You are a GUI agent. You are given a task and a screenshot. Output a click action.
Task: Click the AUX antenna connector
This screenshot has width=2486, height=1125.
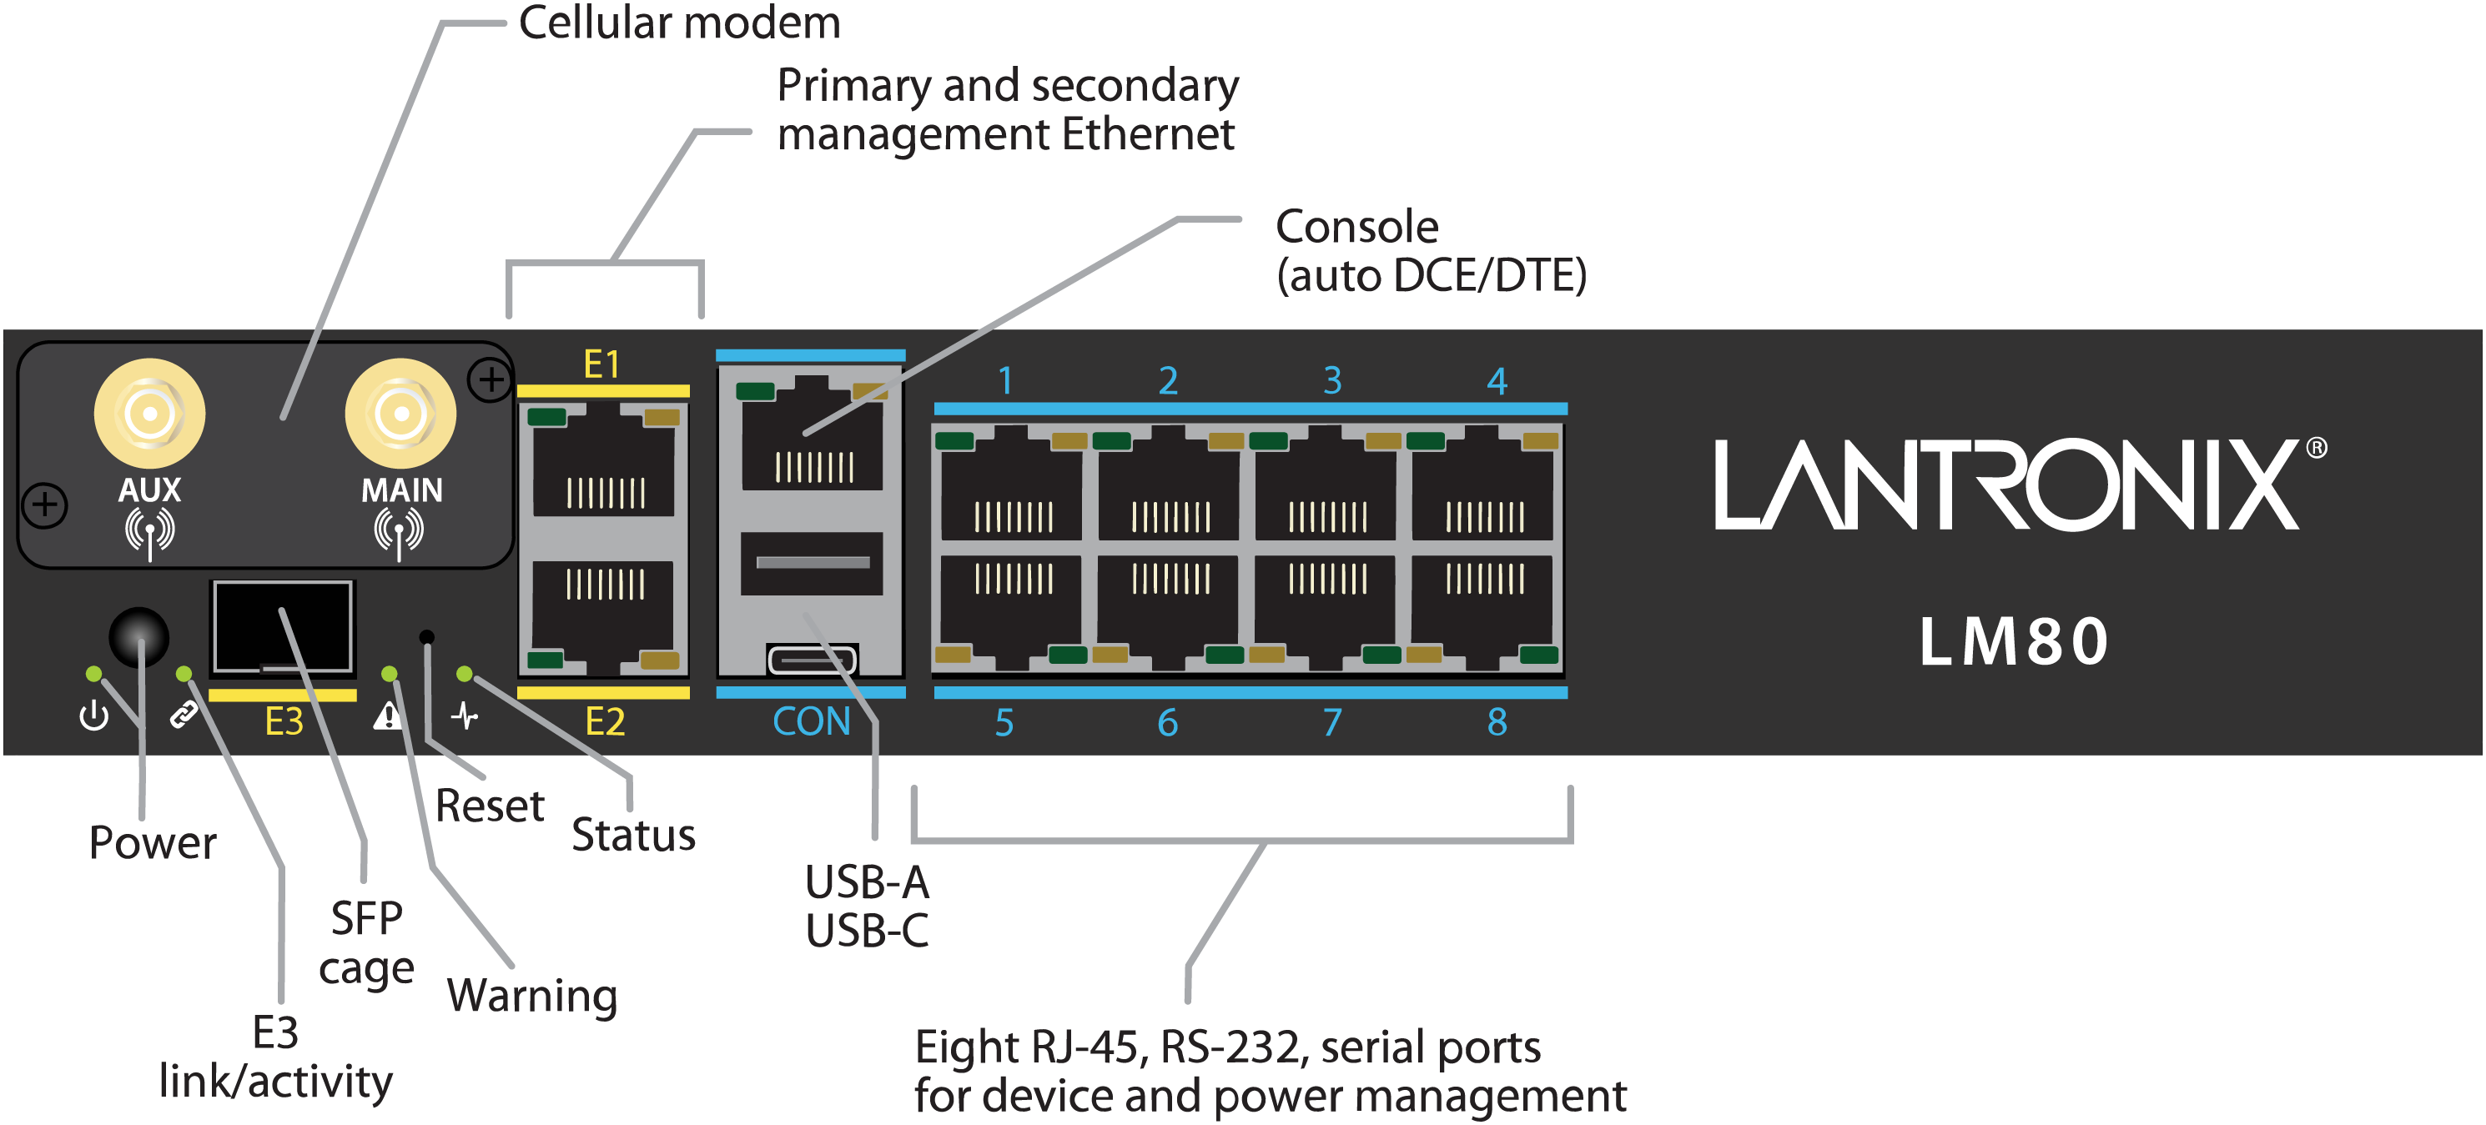click(149, 414)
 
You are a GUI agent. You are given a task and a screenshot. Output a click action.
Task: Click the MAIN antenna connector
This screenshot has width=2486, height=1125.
click(400, 414)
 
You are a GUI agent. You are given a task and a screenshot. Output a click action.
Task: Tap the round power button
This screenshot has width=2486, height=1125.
click(139, 637)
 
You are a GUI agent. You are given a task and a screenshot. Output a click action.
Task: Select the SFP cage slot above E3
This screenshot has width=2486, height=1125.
click(283, 627)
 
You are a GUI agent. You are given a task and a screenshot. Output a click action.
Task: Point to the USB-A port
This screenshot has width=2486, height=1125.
click(811, 564)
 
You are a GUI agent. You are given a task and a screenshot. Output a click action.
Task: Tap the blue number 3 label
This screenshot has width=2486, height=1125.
click(1331, 381)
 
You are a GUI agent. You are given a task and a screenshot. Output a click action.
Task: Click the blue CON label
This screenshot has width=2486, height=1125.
click(811, 721)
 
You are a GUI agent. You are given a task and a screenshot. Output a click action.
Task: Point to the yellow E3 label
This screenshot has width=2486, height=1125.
click(284, 721)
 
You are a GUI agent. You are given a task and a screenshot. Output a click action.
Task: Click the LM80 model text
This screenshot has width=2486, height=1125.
click(2013, 641)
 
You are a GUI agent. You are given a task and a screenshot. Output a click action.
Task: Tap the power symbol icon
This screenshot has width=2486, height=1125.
click(93, 716)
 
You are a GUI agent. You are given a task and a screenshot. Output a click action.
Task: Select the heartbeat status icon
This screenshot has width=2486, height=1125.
click(464, 716)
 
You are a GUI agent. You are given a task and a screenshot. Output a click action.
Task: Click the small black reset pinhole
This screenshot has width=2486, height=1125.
click(426, 637)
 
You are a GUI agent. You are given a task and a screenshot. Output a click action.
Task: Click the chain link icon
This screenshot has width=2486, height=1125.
click(183, 715)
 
